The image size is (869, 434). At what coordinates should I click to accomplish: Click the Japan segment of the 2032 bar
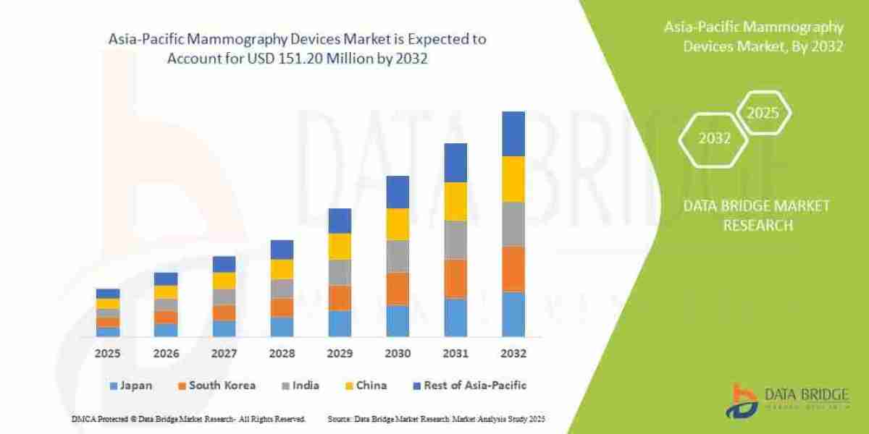tap(513, 314)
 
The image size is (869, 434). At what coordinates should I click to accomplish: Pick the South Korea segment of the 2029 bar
tap(340, 297)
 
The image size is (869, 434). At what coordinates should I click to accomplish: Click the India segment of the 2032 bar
tap(513, 224)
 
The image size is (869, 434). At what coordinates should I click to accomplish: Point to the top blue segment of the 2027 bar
tap(224, 264)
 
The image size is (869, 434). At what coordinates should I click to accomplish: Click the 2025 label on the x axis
tap(108, 354)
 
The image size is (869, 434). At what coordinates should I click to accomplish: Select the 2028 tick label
tap(282, 354)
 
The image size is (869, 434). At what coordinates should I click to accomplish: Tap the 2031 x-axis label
tap(456, 354)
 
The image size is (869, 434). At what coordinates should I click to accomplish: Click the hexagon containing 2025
tap(763, 114)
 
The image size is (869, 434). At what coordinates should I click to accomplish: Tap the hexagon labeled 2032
tap(714, 139)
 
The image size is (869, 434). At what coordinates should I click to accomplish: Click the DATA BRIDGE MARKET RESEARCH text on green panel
tap(756, 216)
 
